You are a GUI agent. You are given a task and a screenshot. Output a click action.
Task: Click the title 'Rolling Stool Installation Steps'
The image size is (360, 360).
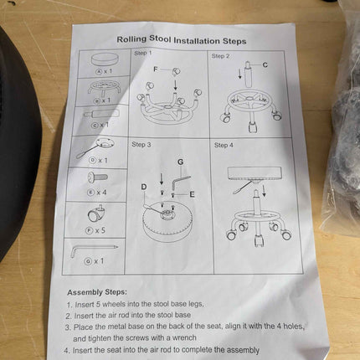click(182, 40)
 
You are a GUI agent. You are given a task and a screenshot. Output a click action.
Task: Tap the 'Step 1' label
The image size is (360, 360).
click(143, 53)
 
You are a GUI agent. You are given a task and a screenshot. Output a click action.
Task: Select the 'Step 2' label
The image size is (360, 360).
click(220, 56)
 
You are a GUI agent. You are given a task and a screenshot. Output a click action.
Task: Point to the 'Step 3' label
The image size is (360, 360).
click(141, 144)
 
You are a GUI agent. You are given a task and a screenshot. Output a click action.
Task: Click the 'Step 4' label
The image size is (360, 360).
click(224, 145)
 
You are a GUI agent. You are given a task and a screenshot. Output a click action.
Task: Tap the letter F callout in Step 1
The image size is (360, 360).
click(156, 69)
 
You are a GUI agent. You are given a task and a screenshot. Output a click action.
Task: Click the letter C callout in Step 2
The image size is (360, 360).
click(265, 64)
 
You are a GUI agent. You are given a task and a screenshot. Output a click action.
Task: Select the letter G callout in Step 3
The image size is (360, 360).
click(181, 162)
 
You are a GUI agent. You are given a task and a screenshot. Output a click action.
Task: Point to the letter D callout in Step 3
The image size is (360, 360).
click(144, 187)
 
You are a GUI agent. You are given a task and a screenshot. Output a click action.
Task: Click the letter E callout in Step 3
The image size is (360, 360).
click(192, 194)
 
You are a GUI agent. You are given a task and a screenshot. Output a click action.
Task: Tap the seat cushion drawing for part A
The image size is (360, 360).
click(105, 59)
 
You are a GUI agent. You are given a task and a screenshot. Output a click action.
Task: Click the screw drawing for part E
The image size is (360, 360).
click(98, 177)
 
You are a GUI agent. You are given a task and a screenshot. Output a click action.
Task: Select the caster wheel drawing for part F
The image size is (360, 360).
click(96, 213)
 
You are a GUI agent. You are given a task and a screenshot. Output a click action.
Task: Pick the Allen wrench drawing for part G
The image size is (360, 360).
click(93, 249)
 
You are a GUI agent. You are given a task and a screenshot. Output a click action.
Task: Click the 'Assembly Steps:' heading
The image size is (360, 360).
click(97, 292)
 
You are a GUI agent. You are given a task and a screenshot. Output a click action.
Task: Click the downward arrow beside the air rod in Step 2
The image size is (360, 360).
click(239, 74)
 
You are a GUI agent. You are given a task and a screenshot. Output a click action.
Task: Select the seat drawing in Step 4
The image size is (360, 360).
click(255, 173)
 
